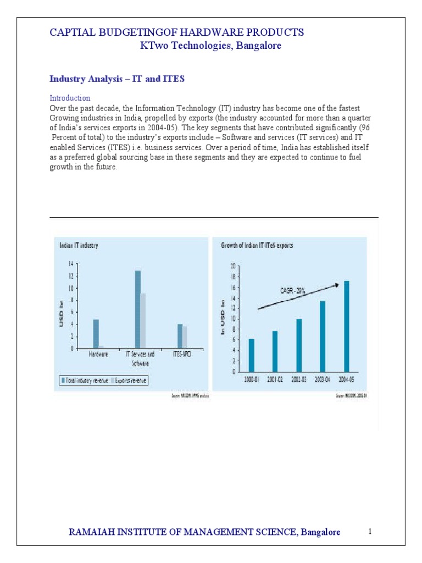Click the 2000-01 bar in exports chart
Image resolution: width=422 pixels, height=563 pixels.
click(x=252, y=355)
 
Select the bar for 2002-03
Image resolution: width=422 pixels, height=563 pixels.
click(x=299, y=345)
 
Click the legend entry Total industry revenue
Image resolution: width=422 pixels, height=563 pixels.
click(x=85, y=380)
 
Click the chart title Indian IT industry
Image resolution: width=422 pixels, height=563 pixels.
click(x=79, y=246)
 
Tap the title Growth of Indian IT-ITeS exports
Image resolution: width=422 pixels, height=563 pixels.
click(x=257, y=246)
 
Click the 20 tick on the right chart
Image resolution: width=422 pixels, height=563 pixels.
click(x=233, y=266)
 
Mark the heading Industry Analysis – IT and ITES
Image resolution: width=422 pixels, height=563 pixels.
click(x=117, y=79)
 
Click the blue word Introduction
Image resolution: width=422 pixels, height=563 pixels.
click(x=70, y=98)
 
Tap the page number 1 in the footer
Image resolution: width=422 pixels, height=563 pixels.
click(x=370, y=531)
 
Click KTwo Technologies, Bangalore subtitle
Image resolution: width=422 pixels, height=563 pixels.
click(x=211, y=46)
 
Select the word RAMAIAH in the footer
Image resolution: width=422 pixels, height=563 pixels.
click(x=88, y=532)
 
